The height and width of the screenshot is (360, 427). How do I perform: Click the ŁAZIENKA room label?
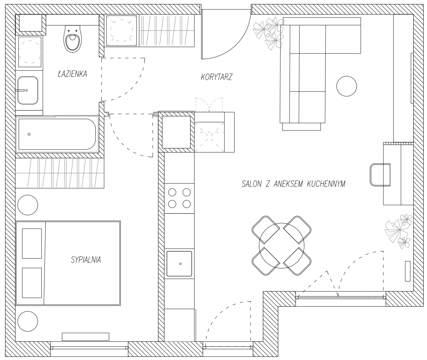point(72,74)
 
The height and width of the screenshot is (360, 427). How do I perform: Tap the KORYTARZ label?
point(217,77)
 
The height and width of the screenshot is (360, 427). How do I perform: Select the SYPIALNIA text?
point(86,260)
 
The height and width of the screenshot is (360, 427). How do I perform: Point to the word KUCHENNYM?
point(326,184)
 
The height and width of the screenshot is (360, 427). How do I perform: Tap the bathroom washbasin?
point(28,90)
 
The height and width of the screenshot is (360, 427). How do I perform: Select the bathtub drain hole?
point(29,134)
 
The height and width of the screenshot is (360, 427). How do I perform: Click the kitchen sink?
point(179,264)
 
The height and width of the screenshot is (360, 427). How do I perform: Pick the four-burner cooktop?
point(179,198)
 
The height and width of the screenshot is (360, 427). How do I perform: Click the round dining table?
point(282,245)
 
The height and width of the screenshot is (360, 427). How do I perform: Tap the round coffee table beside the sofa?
point(347,86)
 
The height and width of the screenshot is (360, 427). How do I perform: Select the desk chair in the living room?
point(380,175)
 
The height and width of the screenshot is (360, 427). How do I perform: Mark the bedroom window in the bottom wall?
point(89,348)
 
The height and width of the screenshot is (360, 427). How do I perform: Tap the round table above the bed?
point(28,205)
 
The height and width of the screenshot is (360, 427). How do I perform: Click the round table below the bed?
point(28,321)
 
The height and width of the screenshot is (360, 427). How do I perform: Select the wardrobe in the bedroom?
point(60,173)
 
